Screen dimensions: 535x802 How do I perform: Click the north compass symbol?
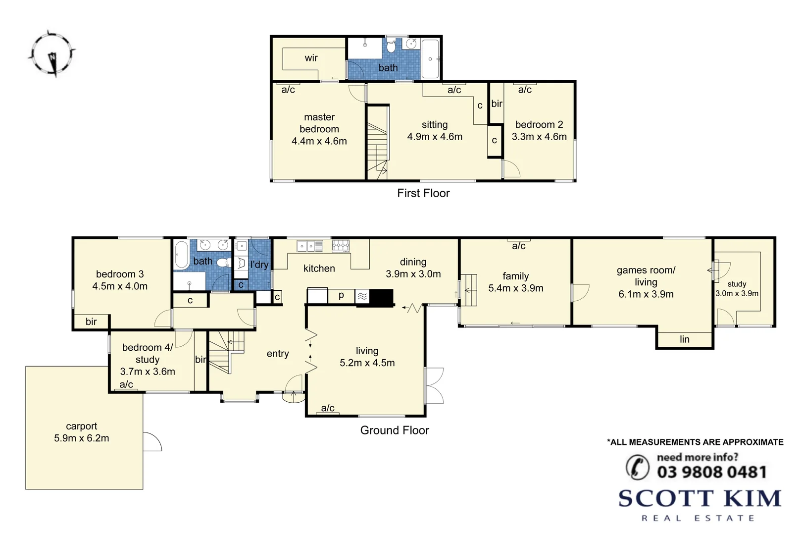pyautogui.click(x=51, y=53)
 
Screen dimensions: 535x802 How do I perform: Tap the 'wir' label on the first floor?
pyautogui.click(x=311, y=58)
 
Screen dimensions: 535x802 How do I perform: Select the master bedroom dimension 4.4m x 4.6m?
pyautogui.click(x=319, y=141)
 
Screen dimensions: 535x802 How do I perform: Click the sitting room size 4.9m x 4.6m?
pyautogui.click(x=435, y=137)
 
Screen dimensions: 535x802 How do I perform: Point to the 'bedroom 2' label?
pyautogui.click(x=539, y=124)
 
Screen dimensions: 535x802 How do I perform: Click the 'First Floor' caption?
pyautogui.click(x=423, y=193)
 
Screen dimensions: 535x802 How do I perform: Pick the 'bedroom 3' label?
pyautogui.click(x=120, y=274)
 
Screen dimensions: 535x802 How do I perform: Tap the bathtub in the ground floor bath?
pyautogui.click(x=182, y=255)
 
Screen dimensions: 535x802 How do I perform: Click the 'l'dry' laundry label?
pyautogui.click(x=259, y=265)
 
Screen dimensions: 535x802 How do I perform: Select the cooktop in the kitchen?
pyautogui.click(x=341, y=245)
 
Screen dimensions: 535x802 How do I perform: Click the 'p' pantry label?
pyautogui.click(x=341, y=296)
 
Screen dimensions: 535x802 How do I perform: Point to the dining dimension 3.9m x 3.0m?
pyautogui.click(x=413, y=274)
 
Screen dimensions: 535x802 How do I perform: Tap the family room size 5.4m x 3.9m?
pyautogui.click(x=516, y=288)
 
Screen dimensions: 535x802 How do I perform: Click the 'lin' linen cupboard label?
pyautogui.click(x=685, y=339)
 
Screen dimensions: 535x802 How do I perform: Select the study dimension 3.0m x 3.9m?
pyautogui.click(x=737, y=293)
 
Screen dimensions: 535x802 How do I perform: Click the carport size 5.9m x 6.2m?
pyautogui.click(x=82, y=438)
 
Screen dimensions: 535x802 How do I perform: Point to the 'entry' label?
pyautogui.click(x=278, y=354)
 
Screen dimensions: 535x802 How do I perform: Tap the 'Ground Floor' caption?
pyautogui.click(x=395, y=430)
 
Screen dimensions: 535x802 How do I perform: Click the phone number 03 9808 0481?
pyautogui.click(x=711, y=472)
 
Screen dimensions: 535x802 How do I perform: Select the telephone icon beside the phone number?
pyautogui.click(x=638, y=467)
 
